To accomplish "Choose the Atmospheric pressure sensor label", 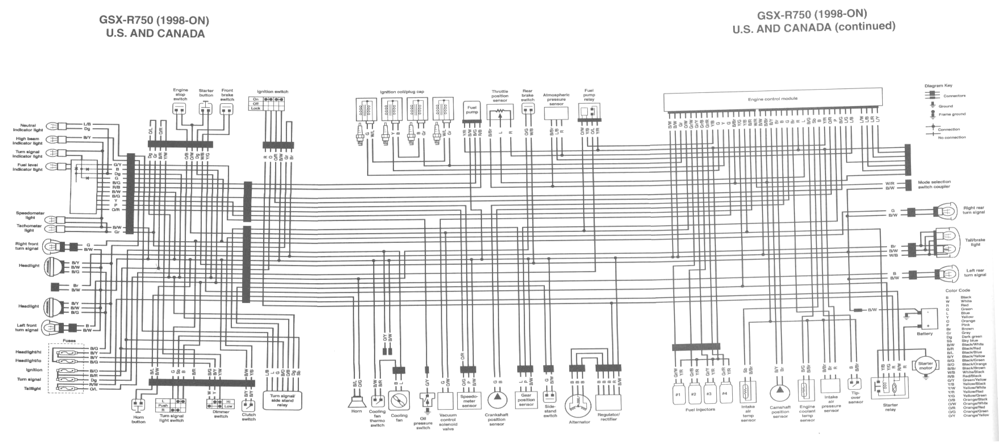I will click(556, 99).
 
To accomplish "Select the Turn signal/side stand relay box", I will click(282, 400).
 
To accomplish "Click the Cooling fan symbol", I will click(399, 402).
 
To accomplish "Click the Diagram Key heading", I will click(938, 86).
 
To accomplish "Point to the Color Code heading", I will click(958, 290).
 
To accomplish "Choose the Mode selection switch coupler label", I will click(934, 184).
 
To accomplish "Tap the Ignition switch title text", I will click(273, 92).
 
